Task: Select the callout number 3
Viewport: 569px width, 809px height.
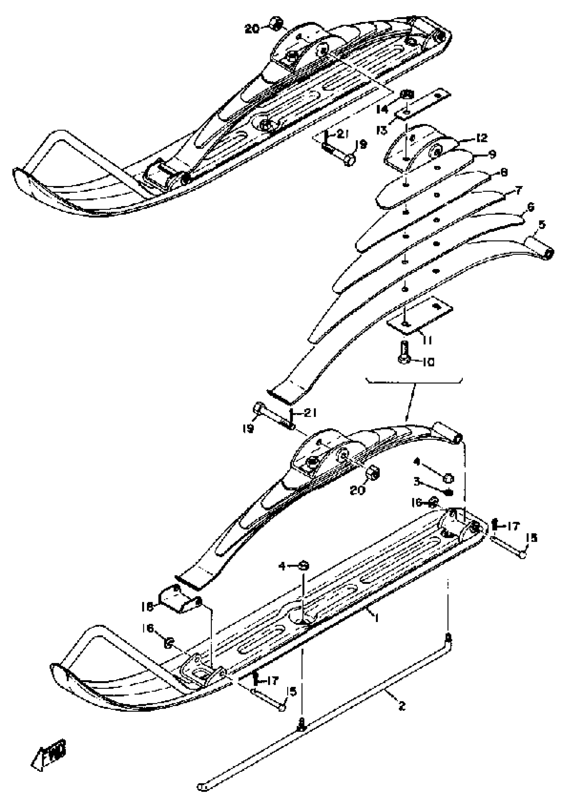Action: click(417, 481)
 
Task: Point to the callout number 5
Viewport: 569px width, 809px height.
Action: click(542, 224)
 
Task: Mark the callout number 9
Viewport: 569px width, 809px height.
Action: click(492, 154)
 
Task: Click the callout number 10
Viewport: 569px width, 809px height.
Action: click(428, 362)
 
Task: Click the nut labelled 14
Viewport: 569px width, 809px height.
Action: click(408, 95)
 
